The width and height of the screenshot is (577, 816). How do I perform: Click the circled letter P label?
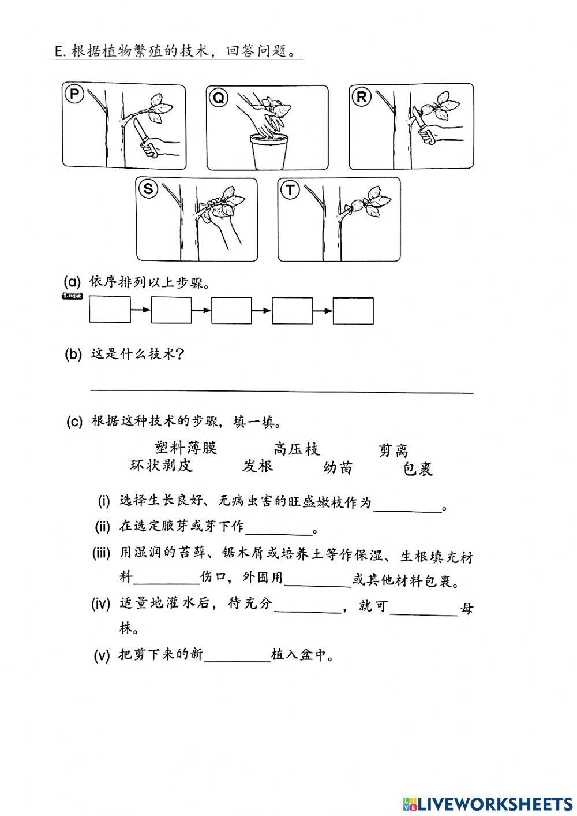[74, 94]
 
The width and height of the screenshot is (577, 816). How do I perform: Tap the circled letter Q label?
[219, 98]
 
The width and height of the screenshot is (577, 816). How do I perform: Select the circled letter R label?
[362, 97]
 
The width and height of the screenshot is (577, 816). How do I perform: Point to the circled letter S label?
[148, 189]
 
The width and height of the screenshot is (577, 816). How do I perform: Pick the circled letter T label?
[290, 190]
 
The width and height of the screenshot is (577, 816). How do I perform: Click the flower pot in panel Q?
[269, 152]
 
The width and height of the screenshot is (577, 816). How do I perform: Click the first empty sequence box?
[110, 311]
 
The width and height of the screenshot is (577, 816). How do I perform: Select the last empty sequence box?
[353, 311]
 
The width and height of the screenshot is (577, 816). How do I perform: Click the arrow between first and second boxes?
[141, 311]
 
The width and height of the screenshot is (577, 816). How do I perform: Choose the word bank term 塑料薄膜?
[186, 448]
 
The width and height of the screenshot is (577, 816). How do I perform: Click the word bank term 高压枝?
[297, 449]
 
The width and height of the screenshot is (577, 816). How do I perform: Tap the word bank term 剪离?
[394, 450]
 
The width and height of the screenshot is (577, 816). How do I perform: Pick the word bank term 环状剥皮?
[161, 465]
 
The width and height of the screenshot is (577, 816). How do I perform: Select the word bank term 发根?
[258, 466]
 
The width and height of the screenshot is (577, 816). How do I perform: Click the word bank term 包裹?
[418, 469]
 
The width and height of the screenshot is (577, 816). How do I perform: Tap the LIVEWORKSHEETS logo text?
[494, 803]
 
